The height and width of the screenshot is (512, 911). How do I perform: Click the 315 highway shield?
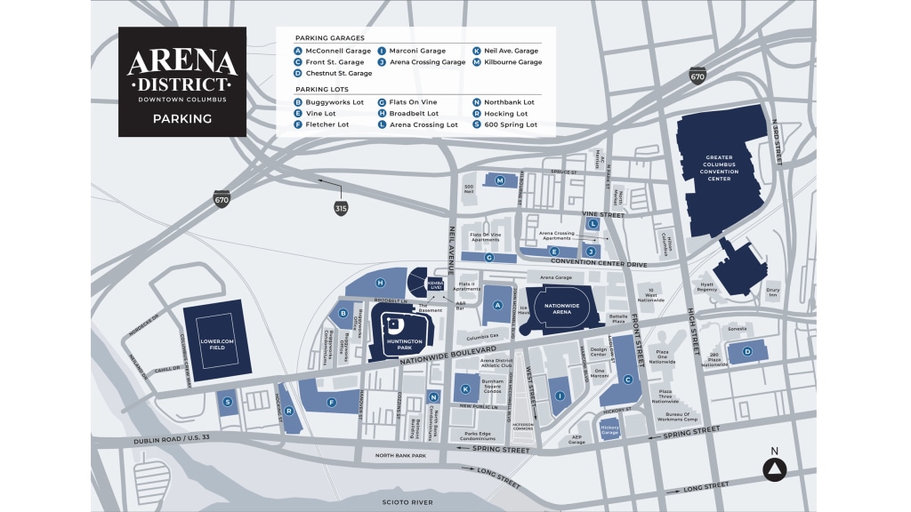pyautogui.click(x=341, y=209)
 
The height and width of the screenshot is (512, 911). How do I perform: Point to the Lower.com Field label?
pyautogui.click(x=217, y=343)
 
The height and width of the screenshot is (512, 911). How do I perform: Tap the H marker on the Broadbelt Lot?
pyautogui.click(x=380, y=283)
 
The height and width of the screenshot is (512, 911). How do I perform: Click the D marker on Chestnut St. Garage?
pyautogui.click(x=747, y=352)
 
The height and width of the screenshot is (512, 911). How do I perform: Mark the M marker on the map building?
pyautogui.click(x=500, y=180)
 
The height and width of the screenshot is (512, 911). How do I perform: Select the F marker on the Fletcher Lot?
pyautogui.click(x=331, y=403)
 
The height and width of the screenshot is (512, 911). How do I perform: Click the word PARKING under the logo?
pyautogui.click(x=181, y=118)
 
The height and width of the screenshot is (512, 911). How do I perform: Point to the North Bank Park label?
pyautogui.click(x=400, y=456)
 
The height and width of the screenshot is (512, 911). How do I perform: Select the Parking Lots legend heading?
pyautogui.click(x=325, y=90)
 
